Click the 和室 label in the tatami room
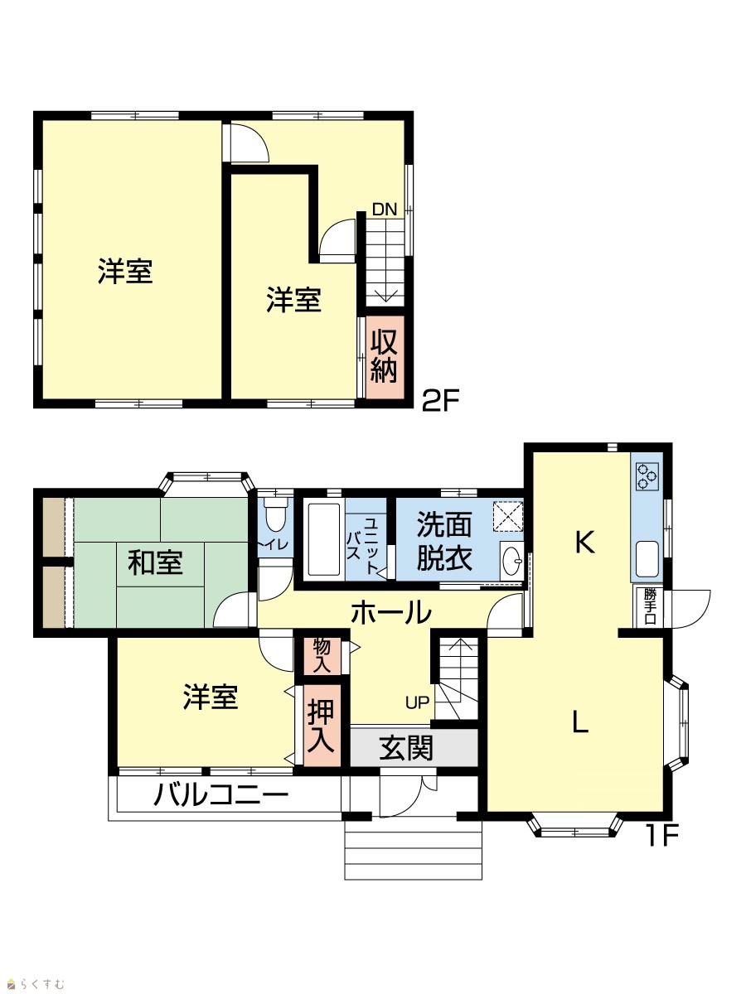tap(155, 563)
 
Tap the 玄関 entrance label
tap(406, 748)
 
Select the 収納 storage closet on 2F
tap(385, 357)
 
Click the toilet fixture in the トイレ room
tap(275, 517)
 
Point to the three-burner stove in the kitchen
tap(647, 476)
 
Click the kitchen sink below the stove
tap(647, 559)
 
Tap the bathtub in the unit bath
tap(324, 540)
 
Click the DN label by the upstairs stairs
tap(385, 210)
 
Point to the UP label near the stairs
tap(417, 702)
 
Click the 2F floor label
tap(441, 400)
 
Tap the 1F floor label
tap(661, 836)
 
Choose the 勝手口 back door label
tap(650, 607)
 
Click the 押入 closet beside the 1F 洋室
tap(322, 726)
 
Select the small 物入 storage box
tap(322, 655)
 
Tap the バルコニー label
tap(221, 795)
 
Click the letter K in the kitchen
tap(584, 542)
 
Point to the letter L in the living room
tap(580, 721)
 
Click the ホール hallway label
tap(391, 612)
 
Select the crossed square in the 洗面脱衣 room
tap(508, 516)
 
